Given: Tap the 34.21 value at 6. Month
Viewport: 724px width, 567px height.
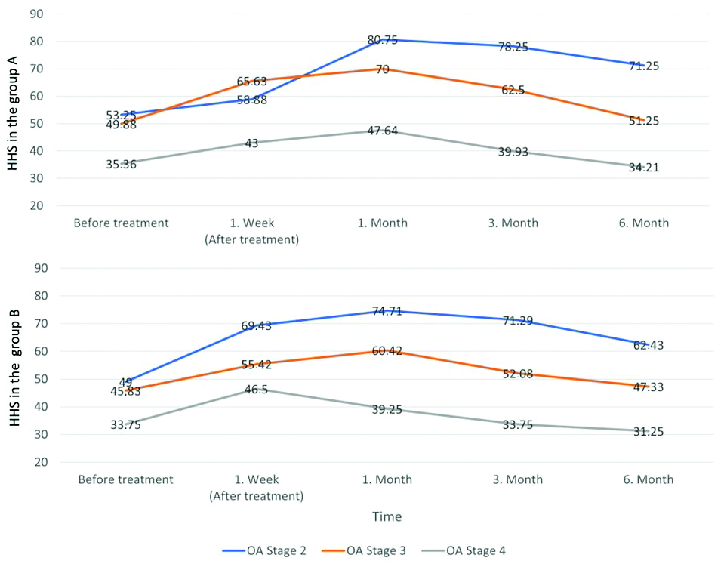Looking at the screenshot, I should pos(643,168).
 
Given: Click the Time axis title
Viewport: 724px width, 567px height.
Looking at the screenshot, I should pos(386,517).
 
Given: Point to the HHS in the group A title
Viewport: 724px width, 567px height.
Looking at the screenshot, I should pos(14,111).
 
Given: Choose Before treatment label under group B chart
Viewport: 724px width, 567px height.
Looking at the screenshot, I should pos(125,479).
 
